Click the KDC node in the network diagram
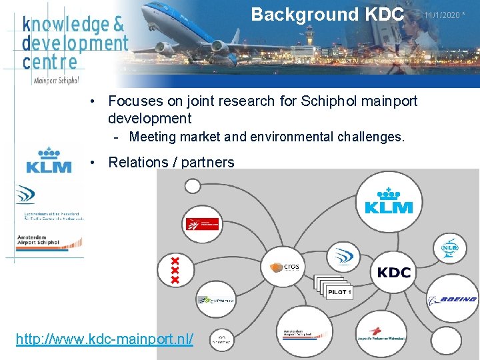393,273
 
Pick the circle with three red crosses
175,271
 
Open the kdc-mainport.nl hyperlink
105,339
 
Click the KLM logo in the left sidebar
49,161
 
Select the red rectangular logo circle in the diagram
201,224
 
